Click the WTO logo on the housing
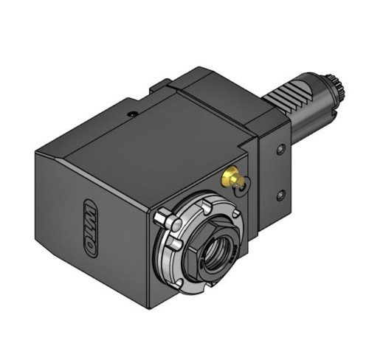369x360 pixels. pyautogui.click(x=90, y=228)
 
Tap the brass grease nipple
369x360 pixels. pyautogui.click(x=232, y=177)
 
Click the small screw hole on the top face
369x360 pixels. pyautogui.click(x=133, y=114)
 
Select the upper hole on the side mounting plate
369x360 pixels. pyautogui.click(x=280, y=149)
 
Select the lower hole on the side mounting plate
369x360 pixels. pyautogui.click(x=280, y=195)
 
